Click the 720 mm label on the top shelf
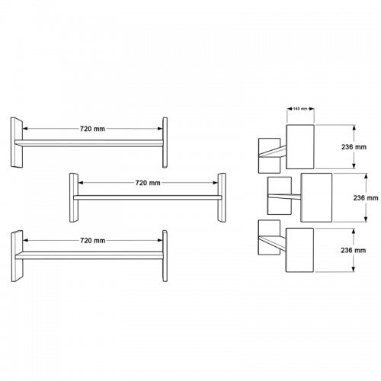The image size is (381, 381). click(x=92, y=129)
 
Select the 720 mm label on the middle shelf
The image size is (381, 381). click(x=148, y=183)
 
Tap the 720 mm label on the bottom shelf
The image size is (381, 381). click(x=93, y=241)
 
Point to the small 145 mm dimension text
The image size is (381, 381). click(x=300, y=109)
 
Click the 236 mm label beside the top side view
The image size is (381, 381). click(x=354, y=147)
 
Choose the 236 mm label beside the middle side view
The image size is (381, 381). click(x=366, y=198)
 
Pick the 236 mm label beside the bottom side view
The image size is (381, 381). click(x=354, y=251)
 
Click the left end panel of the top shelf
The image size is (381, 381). click(x=17, y=142)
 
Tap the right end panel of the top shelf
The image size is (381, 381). click(x=165, y=142)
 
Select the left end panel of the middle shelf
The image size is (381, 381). click(x=74, y=198)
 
